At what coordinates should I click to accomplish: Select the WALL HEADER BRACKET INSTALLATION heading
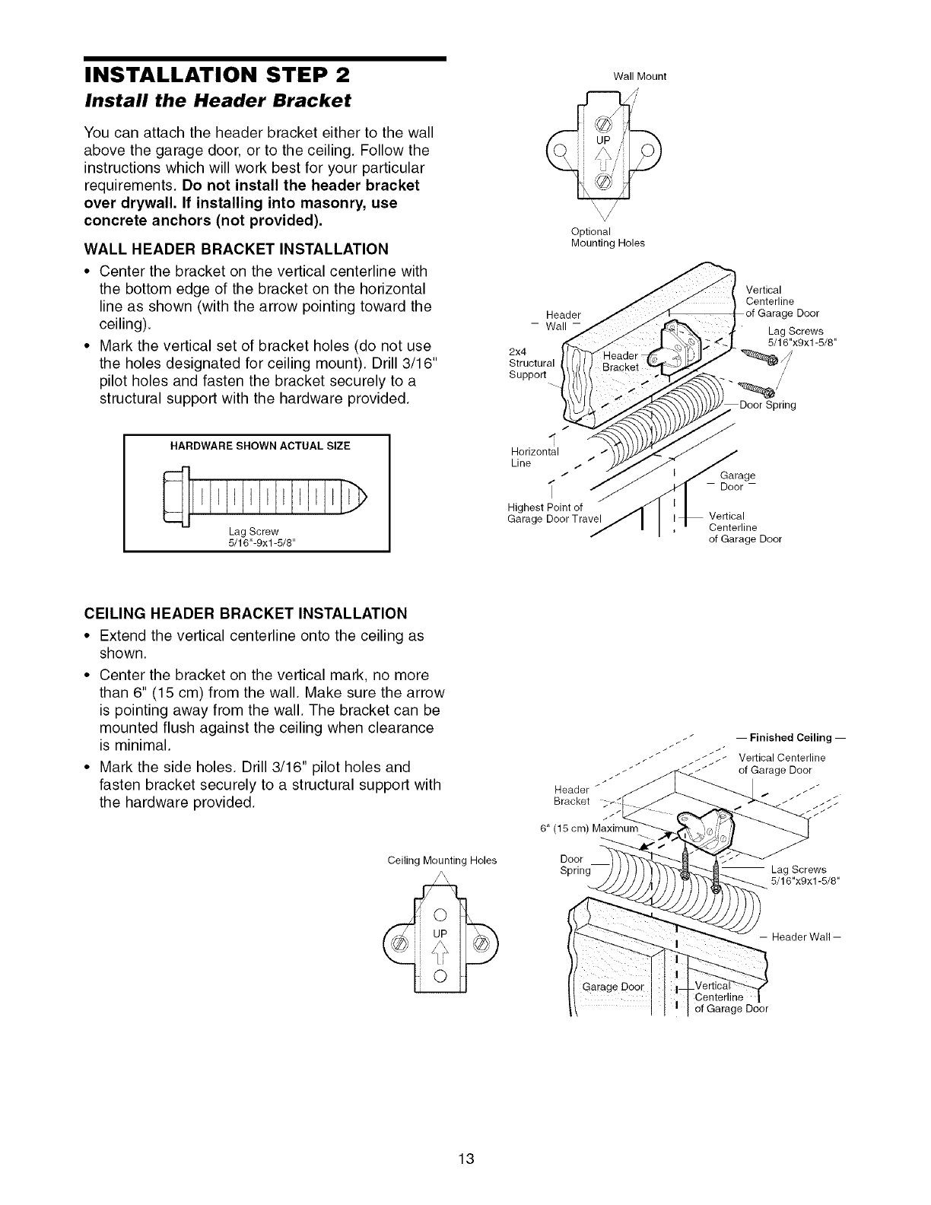(236, 249)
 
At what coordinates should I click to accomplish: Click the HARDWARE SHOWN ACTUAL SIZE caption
(256, 446)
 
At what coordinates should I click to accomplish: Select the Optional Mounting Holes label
(607, 237)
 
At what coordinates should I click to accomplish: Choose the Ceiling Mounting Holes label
(441, 860)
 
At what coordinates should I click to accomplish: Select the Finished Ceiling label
(790, 737)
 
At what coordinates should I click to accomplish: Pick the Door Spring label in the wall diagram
(767, 405)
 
